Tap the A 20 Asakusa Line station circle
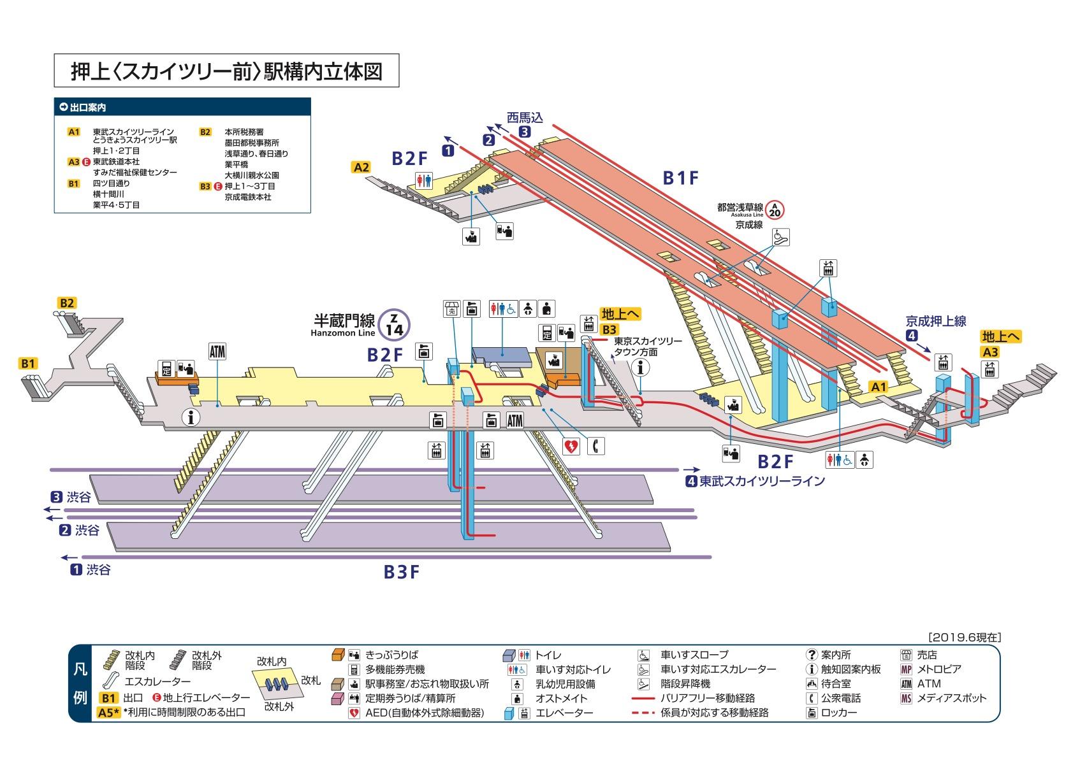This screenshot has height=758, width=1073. point(775,210)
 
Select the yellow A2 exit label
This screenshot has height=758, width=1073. point(361,168)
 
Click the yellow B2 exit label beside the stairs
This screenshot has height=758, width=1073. point(67,303)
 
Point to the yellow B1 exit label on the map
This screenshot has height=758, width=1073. point(27,364)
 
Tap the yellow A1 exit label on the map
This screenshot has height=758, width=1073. point(879,387)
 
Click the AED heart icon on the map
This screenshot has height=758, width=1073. point(571,446)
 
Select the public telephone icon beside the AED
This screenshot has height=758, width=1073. point(596,446)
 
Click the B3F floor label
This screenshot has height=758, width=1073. point(402,572)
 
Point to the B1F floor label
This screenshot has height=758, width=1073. point(681,179)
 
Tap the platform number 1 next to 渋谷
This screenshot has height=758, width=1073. point(76,570)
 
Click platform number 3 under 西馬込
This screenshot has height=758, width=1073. point(524,132)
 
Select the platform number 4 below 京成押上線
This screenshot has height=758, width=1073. point(913,336)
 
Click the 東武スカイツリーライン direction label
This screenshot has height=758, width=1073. point(761,482)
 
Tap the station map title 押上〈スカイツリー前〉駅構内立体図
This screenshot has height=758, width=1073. point(226,71)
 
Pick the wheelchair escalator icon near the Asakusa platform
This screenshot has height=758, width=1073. point(780,237)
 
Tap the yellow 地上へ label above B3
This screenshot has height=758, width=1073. point(620,314)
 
